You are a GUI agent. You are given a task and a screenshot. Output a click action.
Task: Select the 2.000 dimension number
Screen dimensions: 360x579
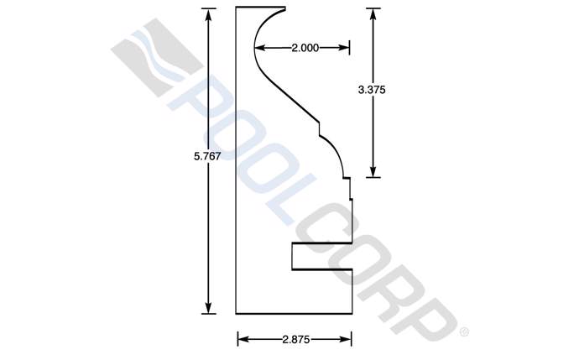point(305,48)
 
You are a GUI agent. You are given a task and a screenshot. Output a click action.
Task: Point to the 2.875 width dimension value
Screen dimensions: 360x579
point(295,339)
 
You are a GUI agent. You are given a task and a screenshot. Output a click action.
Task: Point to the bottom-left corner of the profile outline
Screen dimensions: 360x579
point(237,313)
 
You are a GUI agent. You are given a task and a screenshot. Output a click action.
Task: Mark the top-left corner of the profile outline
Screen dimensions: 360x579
point(237,8)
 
